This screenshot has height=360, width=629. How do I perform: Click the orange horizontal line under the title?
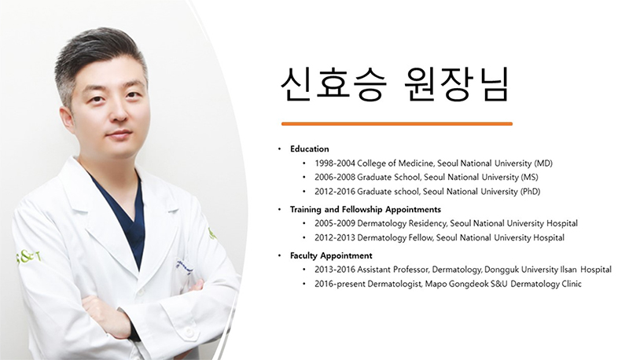point(397,124)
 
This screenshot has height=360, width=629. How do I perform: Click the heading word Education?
point(309,149)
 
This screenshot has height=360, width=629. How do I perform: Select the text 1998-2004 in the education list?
point(335,163)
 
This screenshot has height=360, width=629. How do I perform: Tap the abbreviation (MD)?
point(543,163)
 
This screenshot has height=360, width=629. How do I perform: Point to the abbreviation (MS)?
point(529,177)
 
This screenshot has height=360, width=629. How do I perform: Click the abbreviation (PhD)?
point(530,192)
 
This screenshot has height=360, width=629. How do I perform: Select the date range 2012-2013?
point(335,237)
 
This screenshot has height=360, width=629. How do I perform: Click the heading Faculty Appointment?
point(331,255)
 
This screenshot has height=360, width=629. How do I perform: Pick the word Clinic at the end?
point(572,285)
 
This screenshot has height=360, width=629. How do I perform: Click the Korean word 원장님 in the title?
point(455,85)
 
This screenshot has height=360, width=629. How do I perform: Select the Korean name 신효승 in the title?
point(333,85)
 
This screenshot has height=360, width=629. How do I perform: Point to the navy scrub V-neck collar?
point(121,216)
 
